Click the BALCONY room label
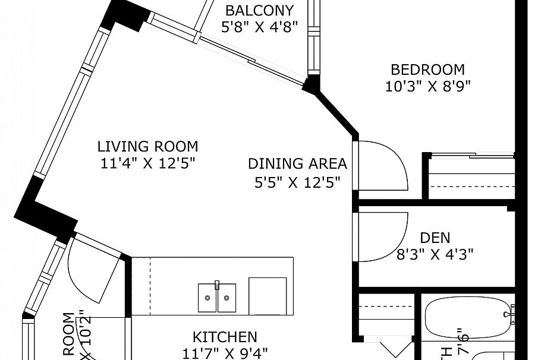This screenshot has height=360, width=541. coord(259,11)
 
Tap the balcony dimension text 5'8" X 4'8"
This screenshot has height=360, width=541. coord(259,27)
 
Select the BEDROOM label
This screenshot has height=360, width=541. coord(427,70)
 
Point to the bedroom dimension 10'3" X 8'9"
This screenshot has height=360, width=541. coord(427,87)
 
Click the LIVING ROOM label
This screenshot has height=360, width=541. coord(147,146)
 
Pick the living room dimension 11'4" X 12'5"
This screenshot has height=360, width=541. coord(147,163)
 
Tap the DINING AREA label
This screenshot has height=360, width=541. coord(297,164)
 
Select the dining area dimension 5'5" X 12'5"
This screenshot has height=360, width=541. coord(297,182)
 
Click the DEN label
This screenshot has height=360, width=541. coord(435,238)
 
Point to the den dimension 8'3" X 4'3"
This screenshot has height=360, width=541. coord(435,255)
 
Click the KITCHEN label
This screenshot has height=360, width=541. coord(225,337)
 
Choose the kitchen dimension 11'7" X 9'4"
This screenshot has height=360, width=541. coord(225,353)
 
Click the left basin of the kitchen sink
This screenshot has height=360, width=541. coord(207,298)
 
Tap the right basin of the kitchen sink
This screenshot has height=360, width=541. coord(227,298)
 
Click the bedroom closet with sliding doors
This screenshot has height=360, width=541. coord(471,179)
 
